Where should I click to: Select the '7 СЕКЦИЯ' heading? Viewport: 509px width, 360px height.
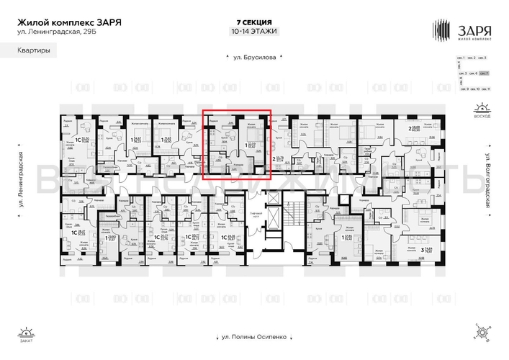(x=253, y=22)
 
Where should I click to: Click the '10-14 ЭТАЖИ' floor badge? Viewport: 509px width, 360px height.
(x=253, y=32)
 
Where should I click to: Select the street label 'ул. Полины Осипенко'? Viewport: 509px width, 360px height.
(x=254, y=336)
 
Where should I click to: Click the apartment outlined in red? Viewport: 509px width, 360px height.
(x=236, y=143)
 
